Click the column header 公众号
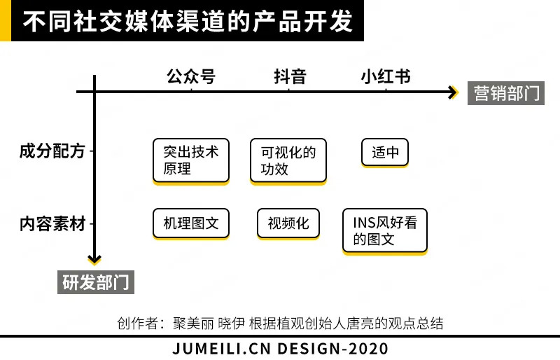190,76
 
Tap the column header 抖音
290,76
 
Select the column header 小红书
385,76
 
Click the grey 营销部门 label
506,93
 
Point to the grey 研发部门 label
95,282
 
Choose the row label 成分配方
52,151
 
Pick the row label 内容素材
52,224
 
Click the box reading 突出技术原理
190,160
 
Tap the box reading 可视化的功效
288,160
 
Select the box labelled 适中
385,152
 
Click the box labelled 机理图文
190,223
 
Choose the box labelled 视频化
288,223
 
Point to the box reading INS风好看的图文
384,230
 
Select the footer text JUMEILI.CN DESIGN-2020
280,348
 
